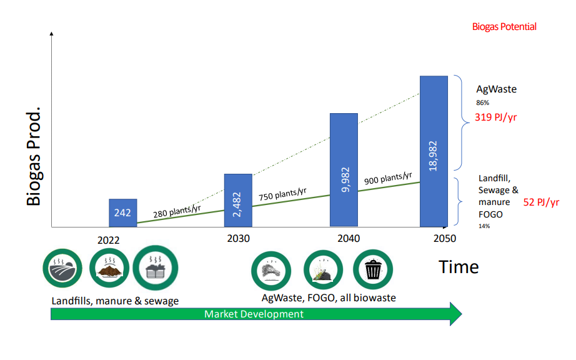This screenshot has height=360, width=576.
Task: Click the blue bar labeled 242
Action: point(122,212)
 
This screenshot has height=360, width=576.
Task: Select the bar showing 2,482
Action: point(238,200)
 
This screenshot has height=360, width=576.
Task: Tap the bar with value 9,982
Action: point(344,170)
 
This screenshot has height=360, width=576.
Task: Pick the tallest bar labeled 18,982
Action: point(434,151)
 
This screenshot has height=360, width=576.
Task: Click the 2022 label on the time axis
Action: point(108,240)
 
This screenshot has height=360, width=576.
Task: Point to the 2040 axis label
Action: point(349,238)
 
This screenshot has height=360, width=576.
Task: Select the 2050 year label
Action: point(444,238)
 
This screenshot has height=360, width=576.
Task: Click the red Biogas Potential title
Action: point(504,26)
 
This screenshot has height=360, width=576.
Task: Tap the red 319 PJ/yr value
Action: point(495,117)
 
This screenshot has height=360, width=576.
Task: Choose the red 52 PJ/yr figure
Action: point(541,202)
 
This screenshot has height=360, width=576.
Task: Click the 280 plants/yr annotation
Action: point(177,211)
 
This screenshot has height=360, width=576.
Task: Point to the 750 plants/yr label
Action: point(282,194)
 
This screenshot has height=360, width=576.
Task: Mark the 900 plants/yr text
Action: point(388,178)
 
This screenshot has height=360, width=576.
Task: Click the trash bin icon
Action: point(373,269)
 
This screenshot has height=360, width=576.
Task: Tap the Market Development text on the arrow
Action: point(254,314)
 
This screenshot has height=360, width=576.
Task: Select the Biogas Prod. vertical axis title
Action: point(34,156)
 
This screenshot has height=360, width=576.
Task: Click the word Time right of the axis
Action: point(459,267)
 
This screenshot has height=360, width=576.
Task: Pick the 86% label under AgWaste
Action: point(483,103)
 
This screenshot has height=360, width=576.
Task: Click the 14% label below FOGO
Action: point(484,226)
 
